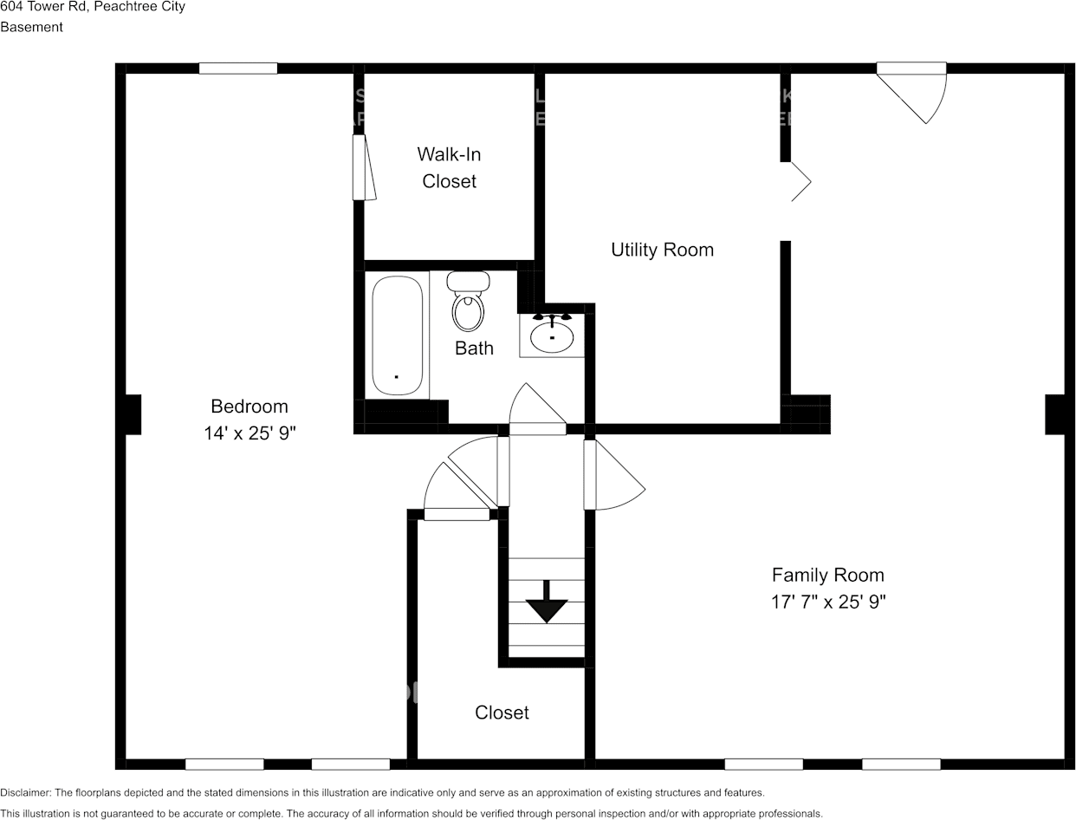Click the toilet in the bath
tap(469, 303)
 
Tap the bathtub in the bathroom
tap(398, 335)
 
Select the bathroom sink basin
tap(552, 336)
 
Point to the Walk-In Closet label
tap(449, 167)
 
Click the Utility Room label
tap(662, 250)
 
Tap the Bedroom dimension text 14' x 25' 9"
tap(250, 433)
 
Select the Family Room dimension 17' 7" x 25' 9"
tap(828, 602)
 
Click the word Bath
tap(474, 348)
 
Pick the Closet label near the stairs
tap(502, 713)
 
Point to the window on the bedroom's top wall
tap(238, 68)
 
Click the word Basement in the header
tap(32, 27)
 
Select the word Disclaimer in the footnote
tap(26, 792)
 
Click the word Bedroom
tap(250, 407)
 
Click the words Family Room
tap(828, 575)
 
